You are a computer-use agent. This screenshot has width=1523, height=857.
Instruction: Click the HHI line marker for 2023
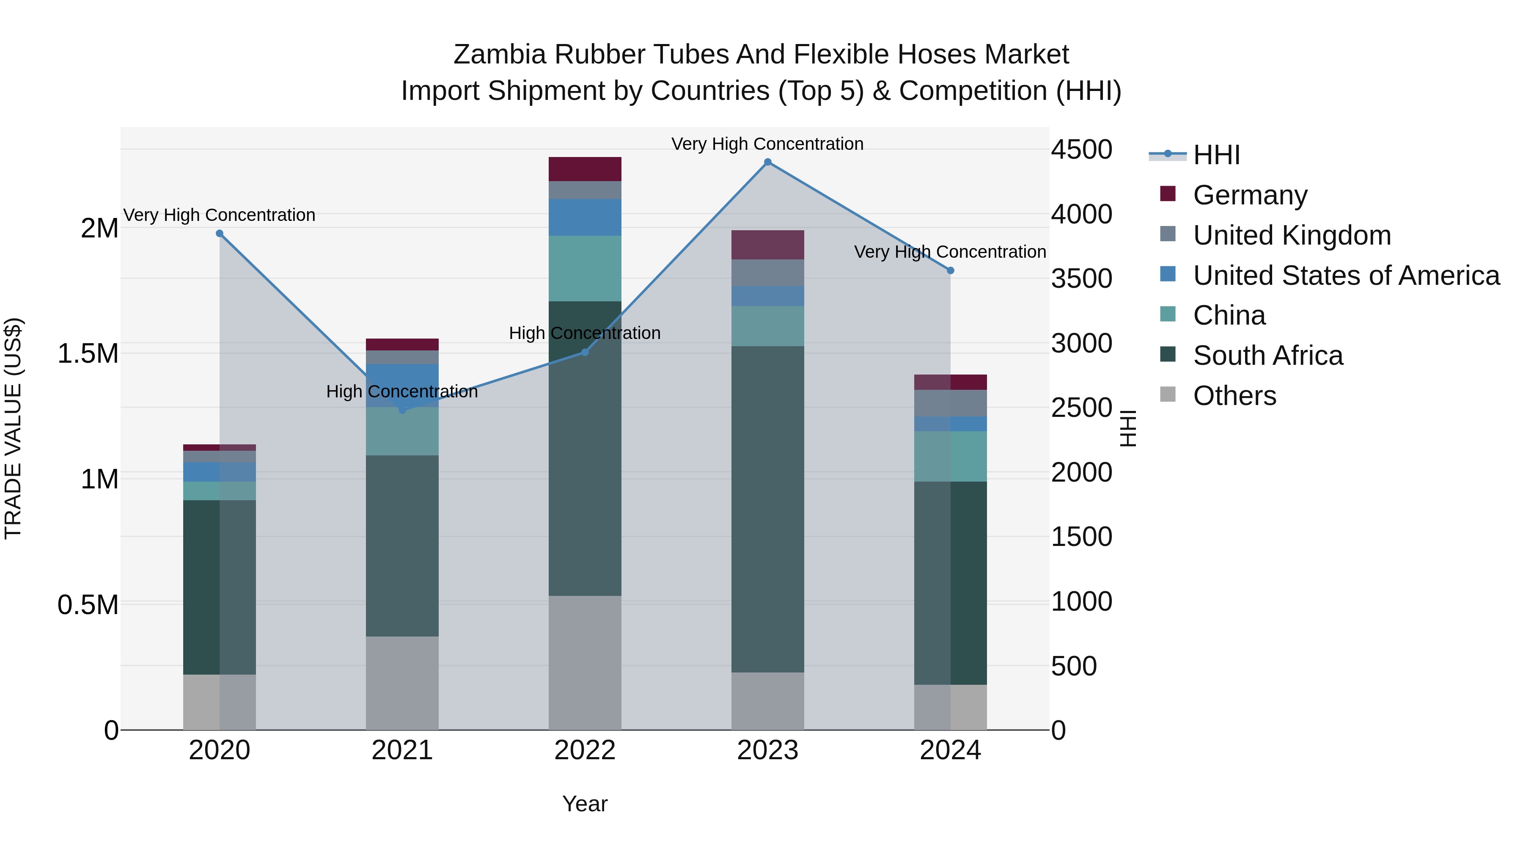click(x=767, y=162)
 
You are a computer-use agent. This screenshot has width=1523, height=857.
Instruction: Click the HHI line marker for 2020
click(x=219, y=234)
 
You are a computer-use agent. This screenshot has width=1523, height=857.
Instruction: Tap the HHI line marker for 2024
click(x=950, y=270)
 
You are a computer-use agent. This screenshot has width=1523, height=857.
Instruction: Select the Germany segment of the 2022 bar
click(x=585, y=169)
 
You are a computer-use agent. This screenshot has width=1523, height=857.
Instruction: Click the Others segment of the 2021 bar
click(x=402, y=683)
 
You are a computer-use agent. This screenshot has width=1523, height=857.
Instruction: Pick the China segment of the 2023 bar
click(x=767, y=326)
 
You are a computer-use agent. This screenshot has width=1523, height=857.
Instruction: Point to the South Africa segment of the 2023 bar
click(x=767, y=509)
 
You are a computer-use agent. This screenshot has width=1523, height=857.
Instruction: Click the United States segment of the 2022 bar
click(x=585, y=217)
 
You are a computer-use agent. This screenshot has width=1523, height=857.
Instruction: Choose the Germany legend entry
click(x=1250, y=195)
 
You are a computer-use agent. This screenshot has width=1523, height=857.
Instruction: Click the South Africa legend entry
click(x=1267, y=355)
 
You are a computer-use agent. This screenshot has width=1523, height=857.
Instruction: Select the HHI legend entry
click(x=1216, y=155)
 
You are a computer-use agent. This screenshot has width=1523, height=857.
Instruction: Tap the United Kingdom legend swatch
click(x=1168, y=234)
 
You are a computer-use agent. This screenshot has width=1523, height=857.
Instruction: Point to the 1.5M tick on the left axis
click(x=88, y=354)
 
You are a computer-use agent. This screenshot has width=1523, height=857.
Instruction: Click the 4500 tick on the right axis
click(x=1081, y=150)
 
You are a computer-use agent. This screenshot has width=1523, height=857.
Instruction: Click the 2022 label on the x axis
click(x=585, y=750)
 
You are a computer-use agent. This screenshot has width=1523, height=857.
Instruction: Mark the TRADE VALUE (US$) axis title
click(x=13, y=428)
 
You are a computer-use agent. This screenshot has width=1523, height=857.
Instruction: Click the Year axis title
click(x=585, y=804)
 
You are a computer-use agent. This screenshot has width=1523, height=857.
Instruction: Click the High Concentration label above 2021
click(x=402, y=391)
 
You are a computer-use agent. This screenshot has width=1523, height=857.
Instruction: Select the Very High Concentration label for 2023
click(x=767, y=144)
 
